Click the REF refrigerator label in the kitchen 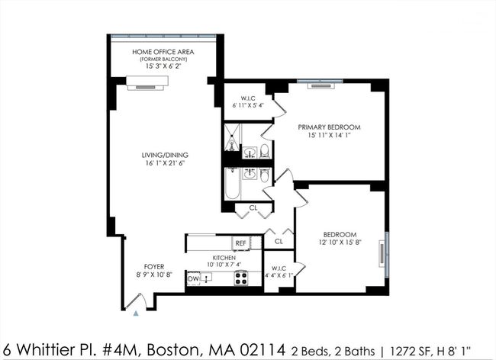point(240,243)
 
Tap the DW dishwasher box point(194,278)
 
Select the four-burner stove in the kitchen point(240,278)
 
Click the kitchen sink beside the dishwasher point(206,277)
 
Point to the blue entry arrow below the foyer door point(136,313)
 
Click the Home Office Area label point(163,52)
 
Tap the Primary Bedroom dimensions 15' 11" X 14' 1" point(330,135)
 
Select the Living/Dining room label point(165,155)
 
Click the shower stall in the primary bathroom point(233,137)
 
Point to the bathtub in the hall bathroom point(233,184)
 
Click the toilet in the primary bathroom point(265,151)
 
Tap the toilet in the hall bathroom point(265,175)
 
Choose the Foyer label point(154,267)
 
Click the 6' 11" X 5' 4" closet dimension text point(248,105)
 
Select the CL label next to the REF point(279,242)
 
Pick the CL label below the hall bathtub point(253,208)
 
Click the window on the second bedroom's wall point(387,255)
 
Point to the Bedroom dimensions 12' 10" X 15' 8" point(340,243)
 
